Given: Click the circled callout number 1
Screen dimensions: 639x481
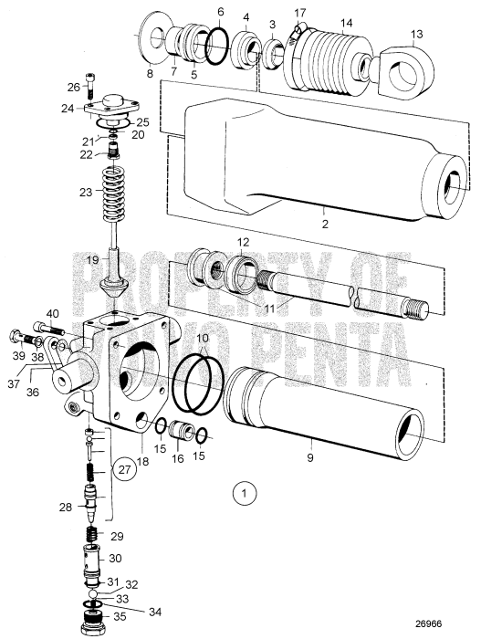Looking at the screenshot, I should [x=244, y=494].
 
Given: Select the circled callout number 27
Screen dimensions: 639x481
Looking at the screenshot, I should [x=126, y=470].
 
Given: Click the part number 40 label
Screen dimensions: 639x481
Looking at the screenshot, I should [x=53, y=314].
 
